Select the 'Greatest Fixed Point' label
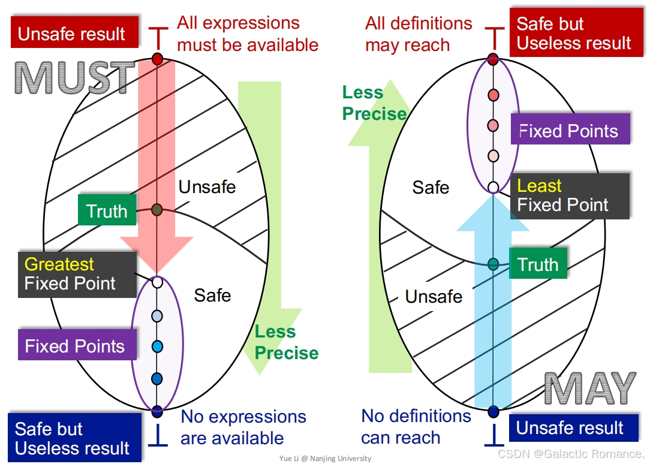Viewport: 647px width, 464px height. (77, 274)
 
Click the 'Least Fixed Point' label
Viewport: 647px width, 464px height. (570, 195)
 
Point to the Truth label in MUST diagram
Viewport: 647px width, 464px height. (107, 210)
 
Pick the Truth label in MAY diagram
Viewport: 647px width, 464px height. (537, 264)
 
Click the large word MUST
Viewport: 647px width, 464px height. (74, 78)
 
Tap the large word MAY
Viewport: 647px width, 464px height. (590, 388)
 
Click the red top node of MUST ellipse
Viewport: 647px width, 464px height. (158, 59)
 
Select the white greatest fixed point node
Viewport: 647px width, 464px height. (157, 282)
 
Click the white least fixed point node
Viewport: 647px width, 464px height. (493, 188)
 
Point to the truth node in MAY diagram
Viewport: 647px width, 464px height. (493, 264)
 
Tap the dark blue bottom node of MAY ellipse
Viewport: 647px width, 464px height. (493, 411)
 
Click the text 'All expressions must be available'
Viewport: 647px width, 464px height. (247, 34)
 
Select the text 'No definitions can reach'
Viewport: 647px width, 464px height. (416, 426)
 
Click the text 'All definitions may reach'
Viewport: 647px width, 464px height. (419, 34)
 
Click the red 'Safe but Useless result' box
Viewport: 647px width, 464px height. (573, 34)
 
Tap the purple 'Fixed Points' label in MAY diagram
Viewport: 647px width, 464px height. (570, 131)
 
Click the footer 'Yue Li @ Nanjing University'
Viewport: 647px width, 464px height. (325, 459)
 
